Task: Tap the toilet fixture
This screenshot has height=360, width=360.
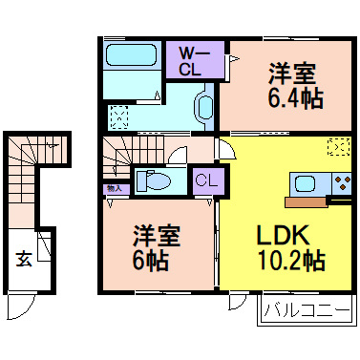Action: pyautogui.click(x=153, y=180)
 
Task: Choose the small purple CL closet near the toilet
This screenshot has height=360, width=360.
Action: pyautogui.click(x=204, y=179)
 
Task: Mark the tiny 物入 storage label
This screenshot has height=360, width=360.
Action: pyautogui.click(x=113, y=190)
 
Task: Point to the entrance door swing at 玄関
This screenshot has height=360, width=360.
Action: pyautogui.click(x=21, y=307)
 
